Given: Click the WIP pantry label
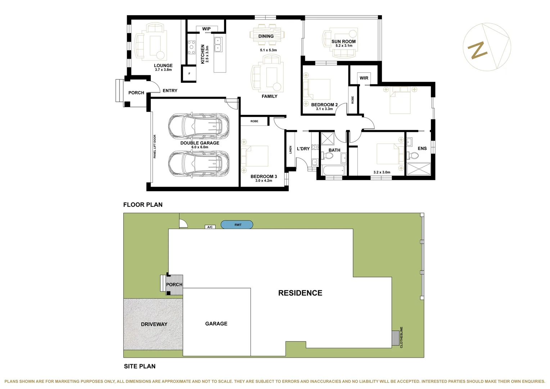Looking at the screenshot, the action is click(x=206, y=29).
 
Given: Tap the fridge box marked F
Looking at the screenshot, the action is click(x=189, y=73).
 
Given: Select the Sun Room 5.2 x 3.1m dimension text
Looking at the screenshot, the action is click(x=344, y=46).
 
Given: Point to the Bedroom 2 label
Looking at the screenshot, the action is click(x=324, y=105).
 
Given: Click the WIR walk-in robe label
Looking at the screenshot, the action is click(x=364, y=78).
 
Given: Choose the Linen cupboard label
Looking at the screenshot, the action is click(x=290, y=149).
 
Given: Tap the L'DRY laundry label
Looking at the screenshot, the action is click(x=303, y=149).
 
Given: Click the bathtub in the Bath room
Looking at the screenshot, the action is click(x=333, y=170).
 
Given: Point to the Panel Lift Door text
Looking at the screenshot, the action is click(x=155, y=146).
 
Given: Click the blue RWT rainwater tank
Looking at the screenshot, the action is click(x=237, y=225).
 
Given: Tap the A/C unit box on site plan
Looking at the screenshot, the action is click(x=210, y=227).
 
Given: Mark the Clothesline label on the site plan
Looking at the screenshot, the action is click(x=401, y=337).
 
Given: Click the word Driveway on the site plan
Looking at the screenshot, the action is click(x=154, y=324).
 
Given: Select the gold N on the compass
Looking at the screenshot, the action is click(x=477, y=50).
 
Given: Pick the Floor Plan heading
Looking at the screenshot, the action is click(x=143, y=205).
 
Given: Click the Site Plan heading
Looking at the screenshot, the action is click(x=140, y=366).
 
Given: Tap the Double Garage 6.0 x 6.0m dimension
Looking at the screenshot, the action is click(x=200, y=147).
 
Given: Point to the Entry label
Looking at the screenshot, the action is click(x=170, y=91).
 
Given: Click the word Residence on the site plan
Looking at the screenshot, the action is click(x=300, y=293).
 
